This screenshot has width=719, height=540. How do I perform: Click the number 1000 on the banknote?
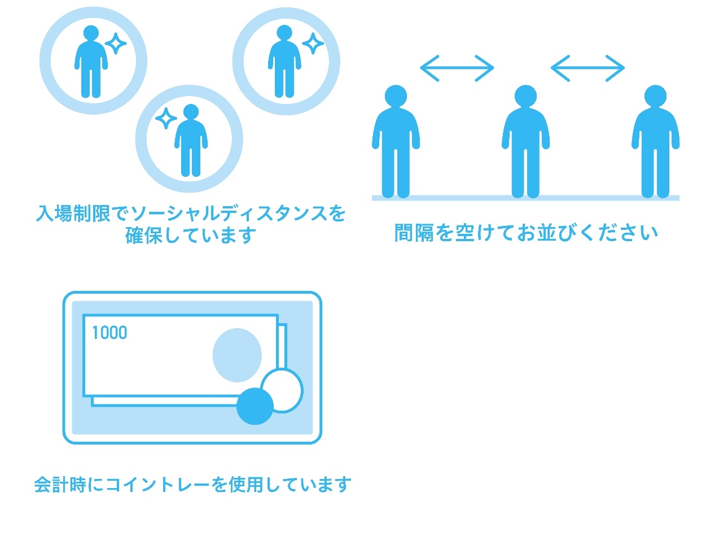click(x=109, y=332)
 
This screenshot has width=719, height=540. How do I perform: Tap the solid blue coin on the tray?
click(x=255, y=407)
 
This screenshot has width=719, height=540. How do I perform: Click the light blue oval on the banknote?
click(x=237, y=355)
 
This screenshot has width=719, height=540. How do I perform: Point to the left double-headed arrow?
click(x=457, y=68)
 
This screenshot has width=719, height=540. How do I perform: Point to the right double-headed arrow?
click(x=588, y=68)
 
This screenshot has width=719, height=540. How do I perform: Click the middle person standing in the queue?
click(x=525, y=141)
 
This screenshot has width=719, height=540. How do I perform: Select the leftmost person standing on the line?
click(x=396, y=141)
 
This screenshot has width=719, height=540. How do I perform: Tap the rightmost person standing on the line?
click(x=655, y=141)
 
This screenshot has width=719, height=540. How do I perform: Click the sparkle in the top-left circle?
click(x=116, y=43)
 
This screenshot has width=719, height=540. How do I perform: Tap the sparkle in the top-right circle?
click(x=313, y=43)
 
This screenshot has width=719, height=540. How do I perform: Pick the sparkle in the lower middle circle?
click(x=166, y=119)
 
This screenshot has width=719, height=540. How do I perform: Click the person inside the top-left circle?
click(x=91, y=62)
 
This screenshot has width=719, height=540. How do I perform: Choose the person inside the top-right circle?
click(x=284, y=62)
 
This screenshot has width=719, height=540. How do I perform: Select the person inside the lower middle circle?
click(x=191, y=140)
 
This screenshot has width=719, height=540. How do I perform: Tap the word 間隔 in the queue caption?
click(x=414, y=232)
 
